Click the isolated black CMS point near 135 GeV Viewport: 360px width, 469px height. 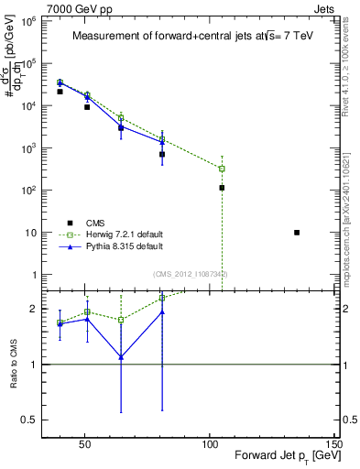pos(297,233)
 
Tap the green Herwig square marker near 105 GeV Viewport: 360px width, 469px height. pos(222,169)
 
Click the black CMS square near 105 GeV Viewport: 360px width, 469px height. pos(222,188)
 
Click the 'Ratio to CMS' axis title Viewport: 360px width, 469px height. pos(12,364)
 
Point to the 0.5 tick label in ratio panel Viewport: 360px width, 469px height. pos(28,420)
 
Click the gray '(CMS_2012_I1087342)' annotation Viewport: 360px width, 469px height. pos(190,274)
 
